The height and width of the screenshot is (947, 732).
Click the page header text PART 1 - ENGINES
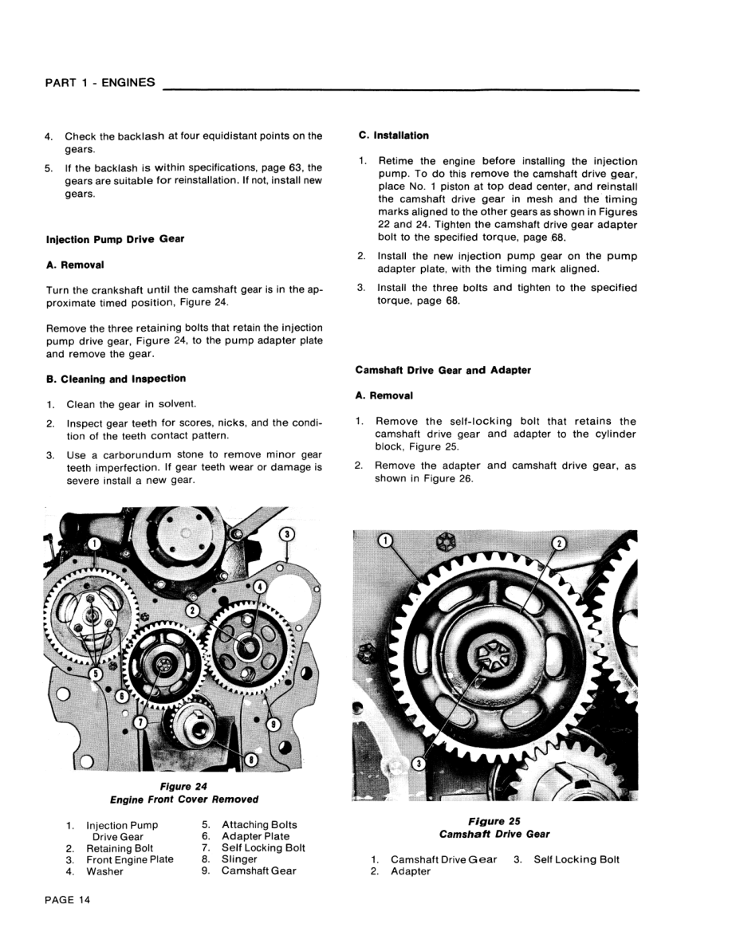pyautogui.click(x=100, y=82)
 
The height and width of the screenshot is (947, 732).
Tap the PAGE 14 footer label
pyautogui.click(x=68, y=900)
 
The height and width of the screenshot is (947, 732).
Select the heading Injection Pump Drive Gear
pyautogui.click(x=115, y=239)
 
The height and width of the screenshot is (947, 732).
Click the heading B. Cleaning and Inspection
pyautogui.click(x=116, y=379)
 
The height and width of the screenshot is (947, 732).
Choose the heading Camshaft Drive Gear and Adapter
pyautogui.click(x=443, y=370)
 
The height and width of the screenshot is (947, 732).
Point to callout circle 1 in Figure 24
pyautogui.click(x=93, y=544)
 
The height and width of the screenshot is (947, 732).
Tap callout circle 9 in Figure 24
pyautogui.click(x=273, y=725)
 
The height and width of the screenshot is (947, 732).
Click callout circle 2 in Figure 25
pyautogui.click(x=558, y=543)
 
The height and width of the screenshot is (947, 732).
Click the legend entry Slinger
pyautogui.click(x=239, y=859)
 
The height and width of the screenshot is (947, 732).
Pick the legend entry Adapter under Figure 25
pyautogui.click(x=410, y=871)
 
